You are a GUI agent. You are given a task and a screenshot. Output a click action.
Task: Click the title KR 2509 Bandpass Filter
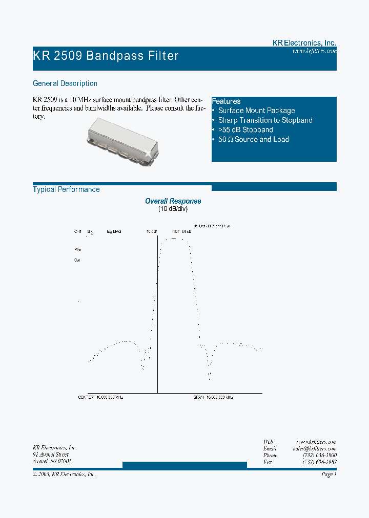tap(106, 55)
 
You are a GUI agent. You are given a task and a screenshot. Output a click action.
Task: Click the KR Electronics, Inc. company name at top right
tap(304, 44)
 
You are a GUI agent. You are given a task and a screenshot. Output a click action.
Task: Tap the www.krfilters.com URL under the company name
tap(314, 51)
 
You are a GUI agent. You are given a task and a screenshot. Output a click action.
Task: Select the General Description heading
tap(65, 83)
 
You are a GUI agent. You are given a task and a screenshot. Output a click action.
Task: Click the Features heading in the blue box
tap(226, 101)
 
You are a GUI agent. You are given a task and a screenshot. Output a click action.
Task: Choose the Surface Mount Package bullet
tap(256, 111)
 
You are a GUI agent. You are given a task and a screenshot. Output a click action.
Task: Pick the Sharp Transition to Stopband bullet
tap(265, 120)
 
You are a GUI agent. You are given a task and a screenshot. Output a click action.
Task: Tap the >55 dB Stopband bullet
tap(245, 130)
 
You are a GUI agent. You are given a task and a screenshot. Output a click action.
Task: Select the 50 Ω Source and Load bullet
tap(253, 139)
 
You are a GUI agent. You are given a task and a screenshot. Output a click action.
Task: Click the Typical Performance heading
tap(66, 189)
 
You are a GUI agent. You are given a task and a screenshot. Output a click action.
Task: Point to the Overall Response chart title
tap(173, 201)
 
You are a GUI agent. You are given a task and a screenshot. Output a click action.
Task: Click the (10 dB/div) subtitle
tap(173, 209)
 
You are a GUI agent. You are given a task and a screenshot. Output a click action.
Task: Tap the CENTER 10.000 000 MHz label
tap(100, 397)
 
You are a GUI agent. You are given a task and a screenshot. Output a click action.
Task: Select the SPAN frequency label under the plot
tap(213, 397)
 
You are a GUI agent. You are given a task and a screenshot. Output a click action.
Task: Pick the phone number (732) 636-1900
tap(319, 455)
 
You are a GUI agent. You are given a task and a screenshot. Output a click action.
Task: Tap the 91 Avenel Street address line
tap(50, 455)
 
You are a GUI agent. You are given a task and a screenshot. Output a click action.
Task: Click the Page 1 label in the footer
tap(329, 474)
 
